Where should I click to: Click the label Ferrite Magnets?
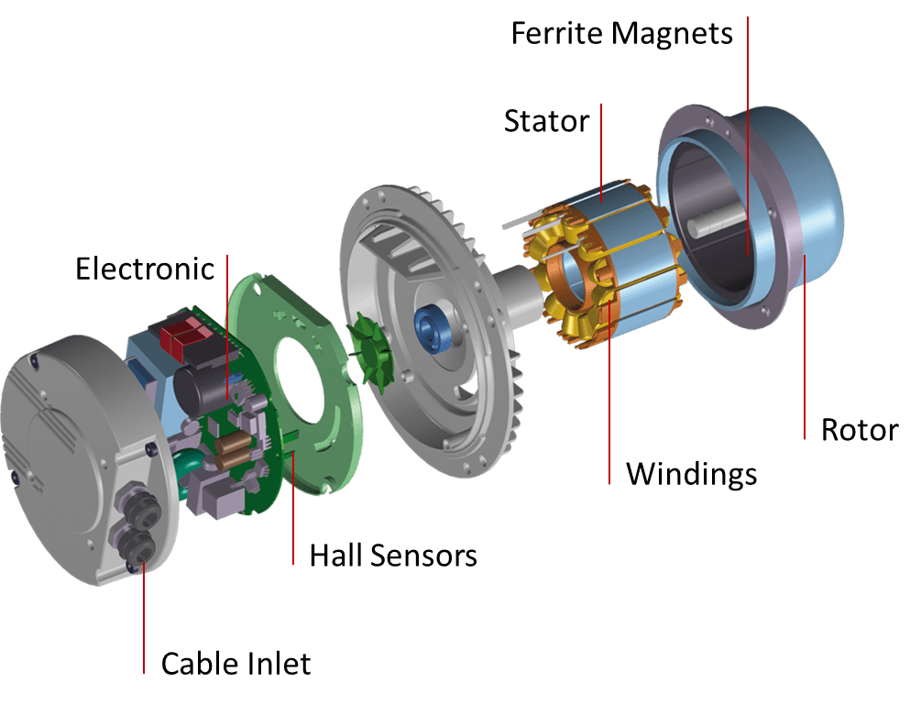click(621, 34)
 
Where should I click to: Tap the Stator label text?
click(546, 121)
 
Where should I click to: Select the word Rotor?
click(860, 430)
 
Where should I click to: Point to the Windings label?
click(691, 475)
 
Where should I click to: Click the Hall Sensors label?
click(393, 556)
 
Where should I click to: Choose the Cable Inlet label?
click(236, 664)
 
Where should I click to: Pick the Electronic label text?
click(145, 270)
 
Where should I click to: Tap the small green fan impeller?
click(370, 352)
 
